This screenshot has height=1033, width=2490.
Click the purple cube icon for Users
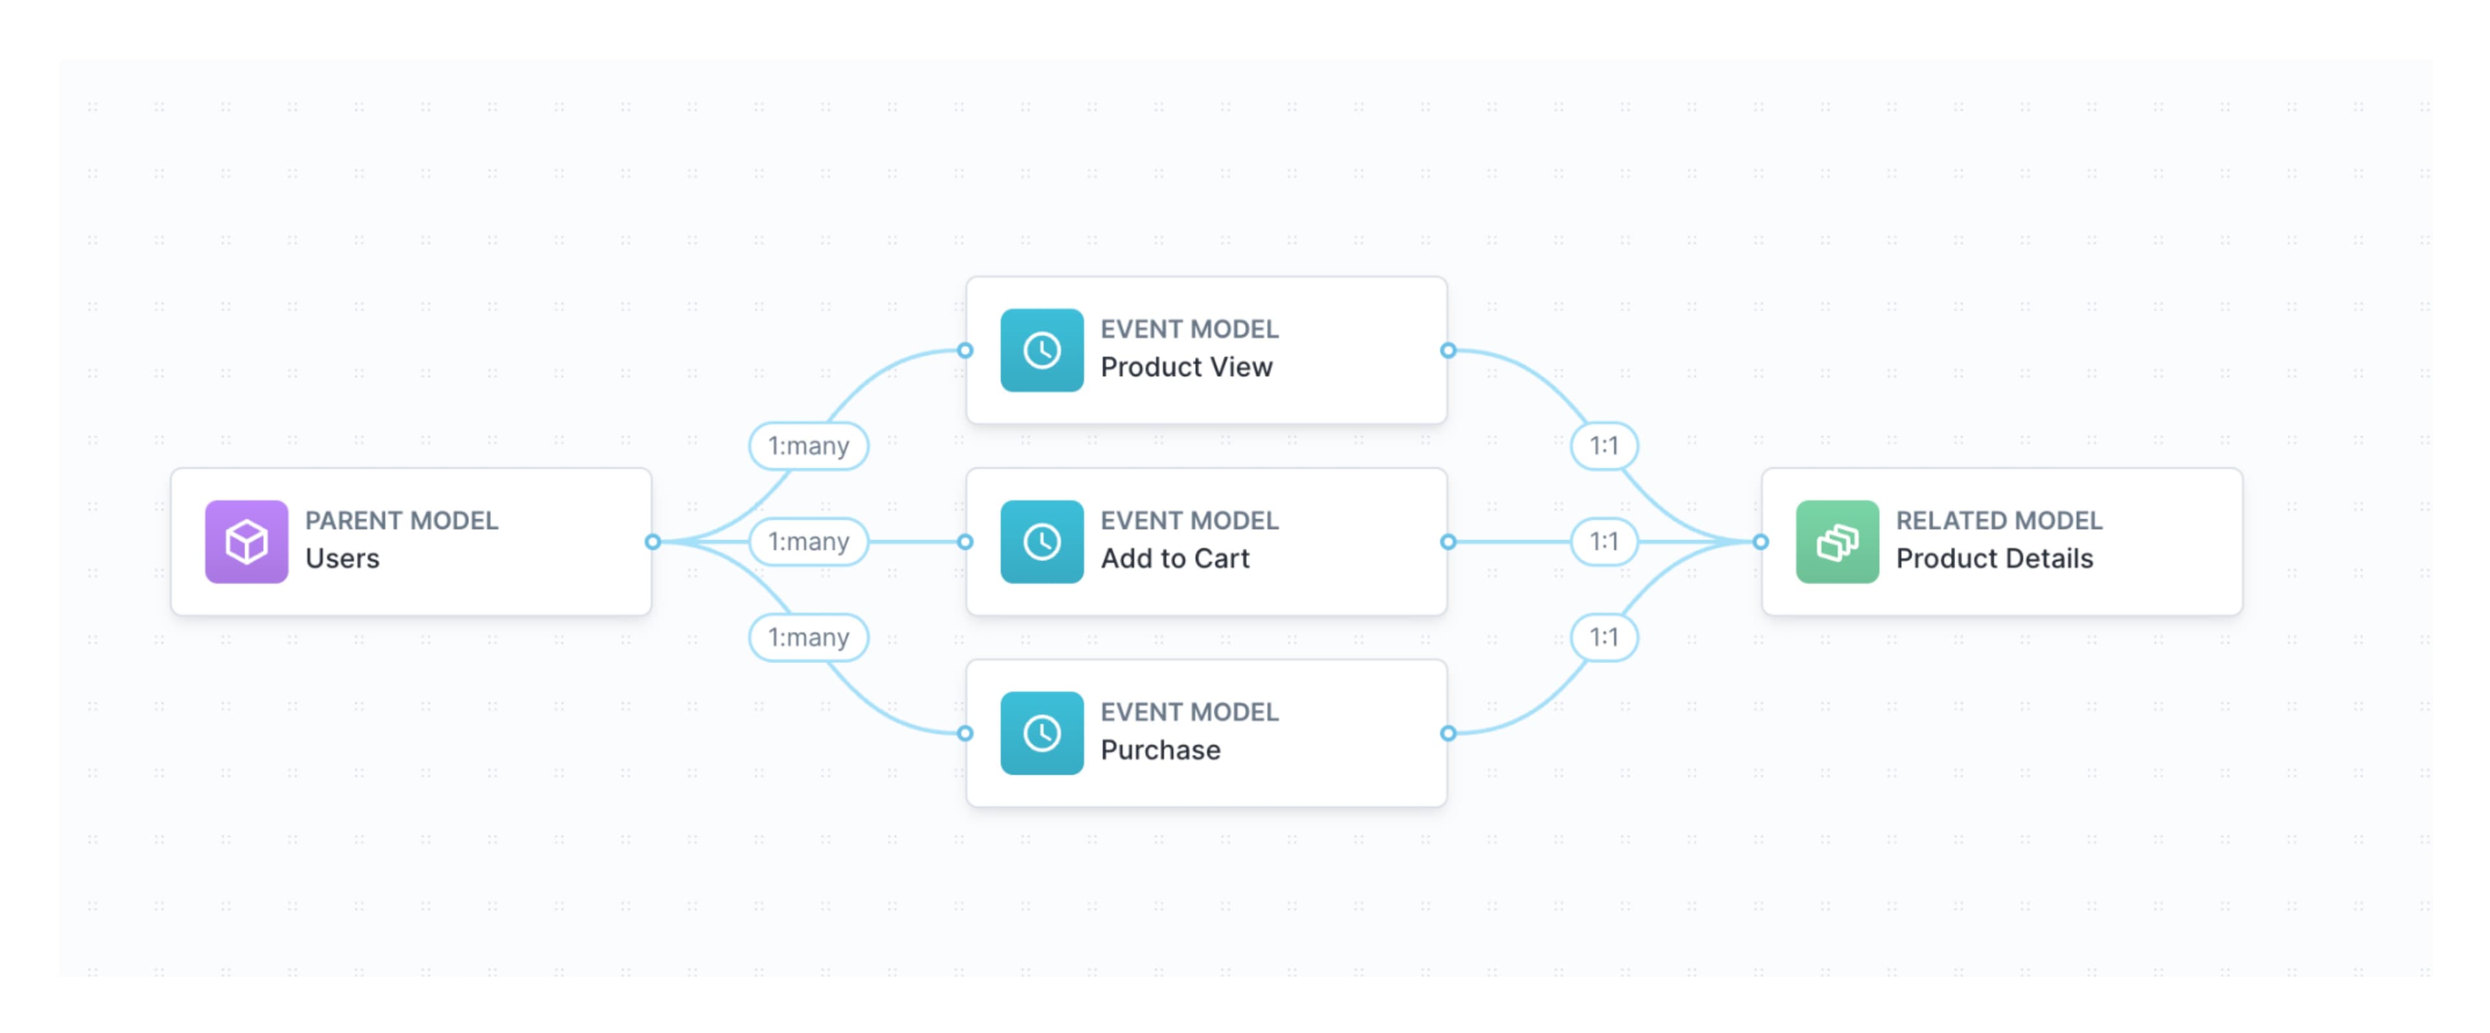(x=246, y=541)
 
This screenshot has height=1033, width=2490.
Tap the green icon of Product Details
(x=1836, y=541)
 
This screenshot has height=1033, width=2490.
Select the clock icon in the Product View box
(x=1041, y=350)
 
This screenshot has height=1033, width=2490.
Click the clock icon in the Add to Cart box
(x=1041, y=541)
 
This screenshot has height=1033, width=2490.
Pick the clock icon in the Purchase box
(x=1041, y=732)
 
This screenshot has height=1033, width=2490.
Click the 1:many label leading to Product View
(x=808, y=445)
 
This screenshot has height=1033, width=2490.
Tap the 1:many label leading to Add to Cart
(x=808, y=541)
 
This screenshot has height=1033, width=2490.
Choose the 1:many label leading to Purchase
(x=808, y=637)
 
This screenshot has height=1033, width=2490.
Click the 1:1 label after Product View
(x=1604, y=445)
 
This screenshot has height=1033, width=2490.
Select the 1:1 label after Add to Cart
(x=1604, y=541)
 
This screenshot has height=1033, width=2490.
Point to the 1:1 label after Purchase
(x=1604, y=637)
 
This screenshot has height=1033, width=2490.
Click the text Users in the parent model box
(x=342, y=559)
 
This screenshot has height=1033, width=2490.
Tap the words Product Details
(x=1994, y=559)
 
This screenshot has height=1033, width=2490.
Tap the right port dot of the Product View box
(x=1448, y=351)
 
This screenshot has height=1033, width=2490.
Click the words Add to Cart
(x=1174, y=559)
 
